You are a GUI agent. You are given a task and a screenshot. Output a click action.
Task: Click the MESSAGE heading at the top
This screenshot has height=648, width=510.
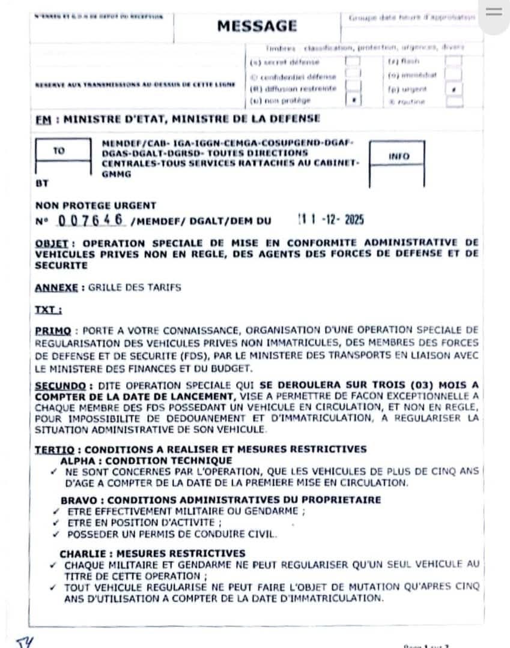tap(257, 26)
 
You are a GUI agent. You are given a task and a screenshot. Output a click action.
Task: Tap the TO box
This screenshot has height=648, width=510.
tap(58, 151)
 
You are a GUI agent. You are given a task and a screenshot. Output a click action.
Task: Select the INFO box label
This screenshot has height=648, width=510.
tap(398, 156)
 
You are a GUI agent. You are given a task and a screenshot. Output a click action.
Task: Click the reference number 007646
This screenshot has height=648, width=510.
tap(91, 220)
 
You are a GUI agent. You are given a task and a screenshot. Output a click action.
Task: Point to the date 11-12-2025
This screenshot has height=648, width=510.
tap(332, 220)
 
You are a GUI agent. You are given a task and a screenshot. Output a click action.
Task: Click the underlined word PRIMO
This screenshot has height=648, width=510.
tap(53, 331)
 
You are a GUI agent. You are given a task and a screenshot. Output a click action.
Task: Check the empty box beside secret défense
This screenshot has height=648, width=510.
tap(353, 61)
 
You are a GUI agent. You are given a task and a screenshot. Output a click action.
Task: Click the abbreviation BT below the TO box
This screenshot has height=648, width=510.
tap(42, 182)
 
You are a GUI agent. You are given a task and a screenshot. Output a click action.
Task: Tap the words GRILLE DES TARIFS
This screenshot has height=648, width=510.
tap(135, 287)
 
